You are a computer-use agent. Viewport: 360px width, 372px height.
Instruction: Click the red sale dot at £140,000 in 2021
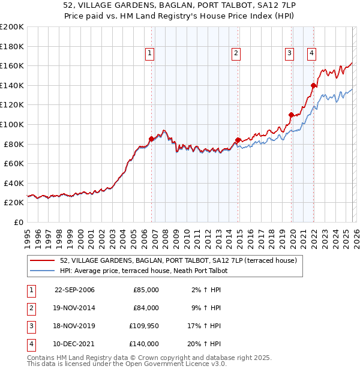(313, 85)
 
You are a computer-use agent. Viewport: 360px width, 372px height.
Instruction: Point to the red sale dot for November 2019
(291, 115)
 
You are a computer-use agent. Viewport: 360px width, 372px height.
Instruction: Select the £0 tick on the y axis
(18, 222)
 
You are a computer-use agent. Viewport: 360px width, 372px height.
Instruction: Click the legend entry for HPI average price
(143, 271)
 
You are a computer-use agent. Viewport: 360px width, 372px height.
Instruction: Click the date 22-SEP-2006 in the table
(74, 290)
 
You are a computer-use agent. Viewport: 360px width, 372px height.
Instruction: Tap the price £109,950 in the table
(143, 326)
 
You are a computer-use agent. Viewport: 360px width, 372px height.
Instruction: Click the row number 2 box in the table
(29, 308)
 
